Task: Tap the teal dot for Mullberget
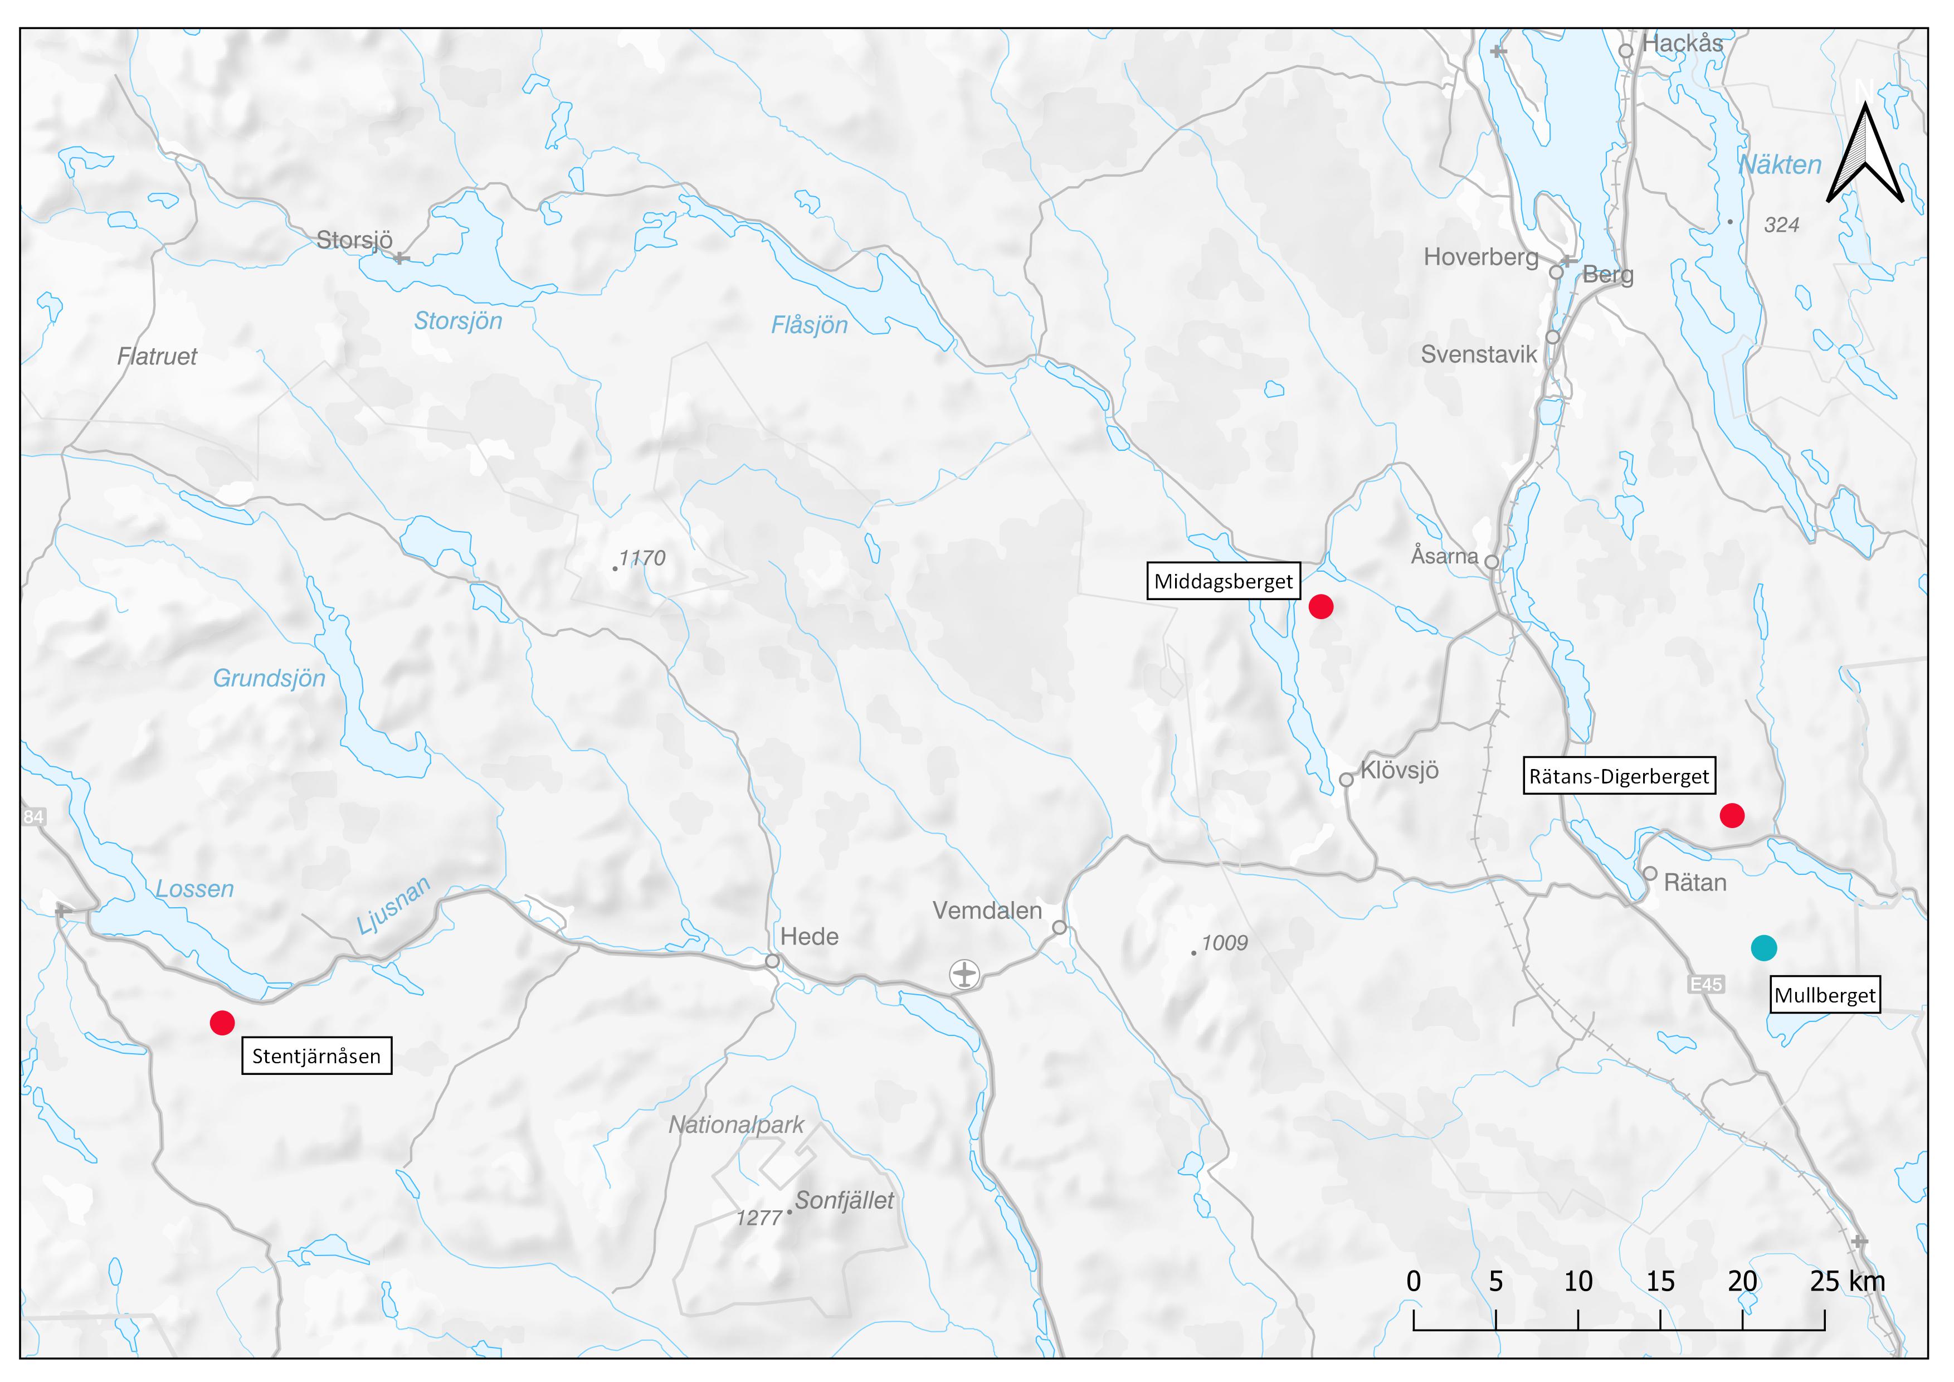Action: tap(1763, 947)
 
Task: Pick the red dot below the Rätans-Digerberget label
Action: tap(1732, 815)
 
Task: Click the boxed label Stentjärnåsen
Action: tap(316, 1056)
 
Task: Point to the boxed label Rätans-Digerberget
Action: tap(1619, 776)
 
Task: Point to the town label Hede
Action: tap(810, 937)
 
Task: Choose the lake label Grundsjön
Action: tap(269, 678)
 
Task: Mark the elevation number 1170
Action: tap(642, 558)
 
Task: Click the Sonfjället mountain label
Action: tap(844, 1201)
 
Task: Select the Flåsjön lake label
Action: tap(810, 325)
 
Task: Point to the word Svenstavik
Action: tap(1479, 355)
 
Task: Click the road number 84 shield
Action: tap(33, 817)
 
